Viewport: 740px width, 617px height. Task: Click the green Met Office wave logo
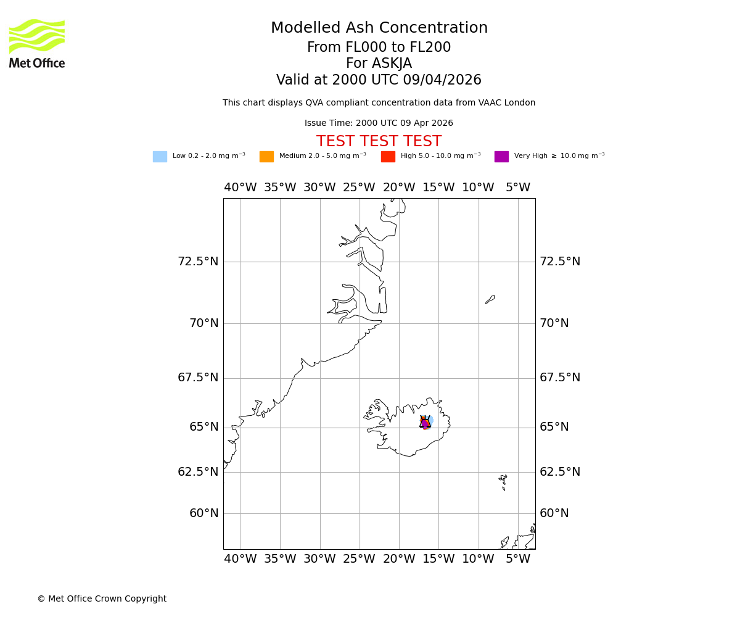[x=37, y=36]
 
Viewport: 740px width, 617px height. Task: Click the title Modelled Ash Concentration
[x=379, y=28]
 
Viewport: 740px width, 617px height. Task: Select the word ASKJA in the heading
[x=395, y=64]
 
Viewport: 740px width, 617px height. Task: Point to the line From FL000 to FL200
[x=379, y=48]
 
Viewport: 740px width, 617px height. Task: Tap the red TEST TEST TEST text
[x=379, y=141]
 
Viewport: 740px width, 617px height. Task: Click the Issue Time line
[x=379, y=123]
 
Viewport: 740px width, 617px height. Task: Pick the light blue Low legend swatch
[x=160, y=157]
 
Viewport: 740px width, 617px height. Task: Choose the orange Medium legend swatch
[x=266, y=157]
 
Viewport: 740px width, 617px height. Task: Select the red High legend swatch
[x=388, y=157]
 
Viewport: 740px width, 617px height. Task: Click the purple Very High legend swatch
[x=501, y=157]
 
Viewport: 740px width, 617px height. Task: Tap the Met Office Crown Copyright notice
[x=102, y=599]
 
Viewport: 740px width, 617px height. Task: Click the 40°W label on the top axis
[x=240, y=188]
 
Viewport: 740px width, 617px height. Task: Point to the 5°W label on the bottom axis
[x=518, y=559]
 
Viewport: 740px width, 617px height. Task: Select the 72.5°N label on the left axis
[x=198, y=262]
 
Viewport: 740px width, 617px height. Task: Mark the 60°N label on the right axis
[x=554, y=513]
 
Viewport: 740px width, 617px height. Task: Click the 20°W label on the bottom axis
[x=399, y=559]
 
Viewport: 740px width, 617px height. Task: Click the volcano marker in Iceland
[x=425, y=422]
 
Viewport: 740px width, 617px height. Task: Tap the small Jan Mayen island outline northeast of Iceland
[x=490, y=299]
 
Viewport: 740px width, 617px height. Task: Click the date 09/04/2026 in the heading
[x=443, y=80]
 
